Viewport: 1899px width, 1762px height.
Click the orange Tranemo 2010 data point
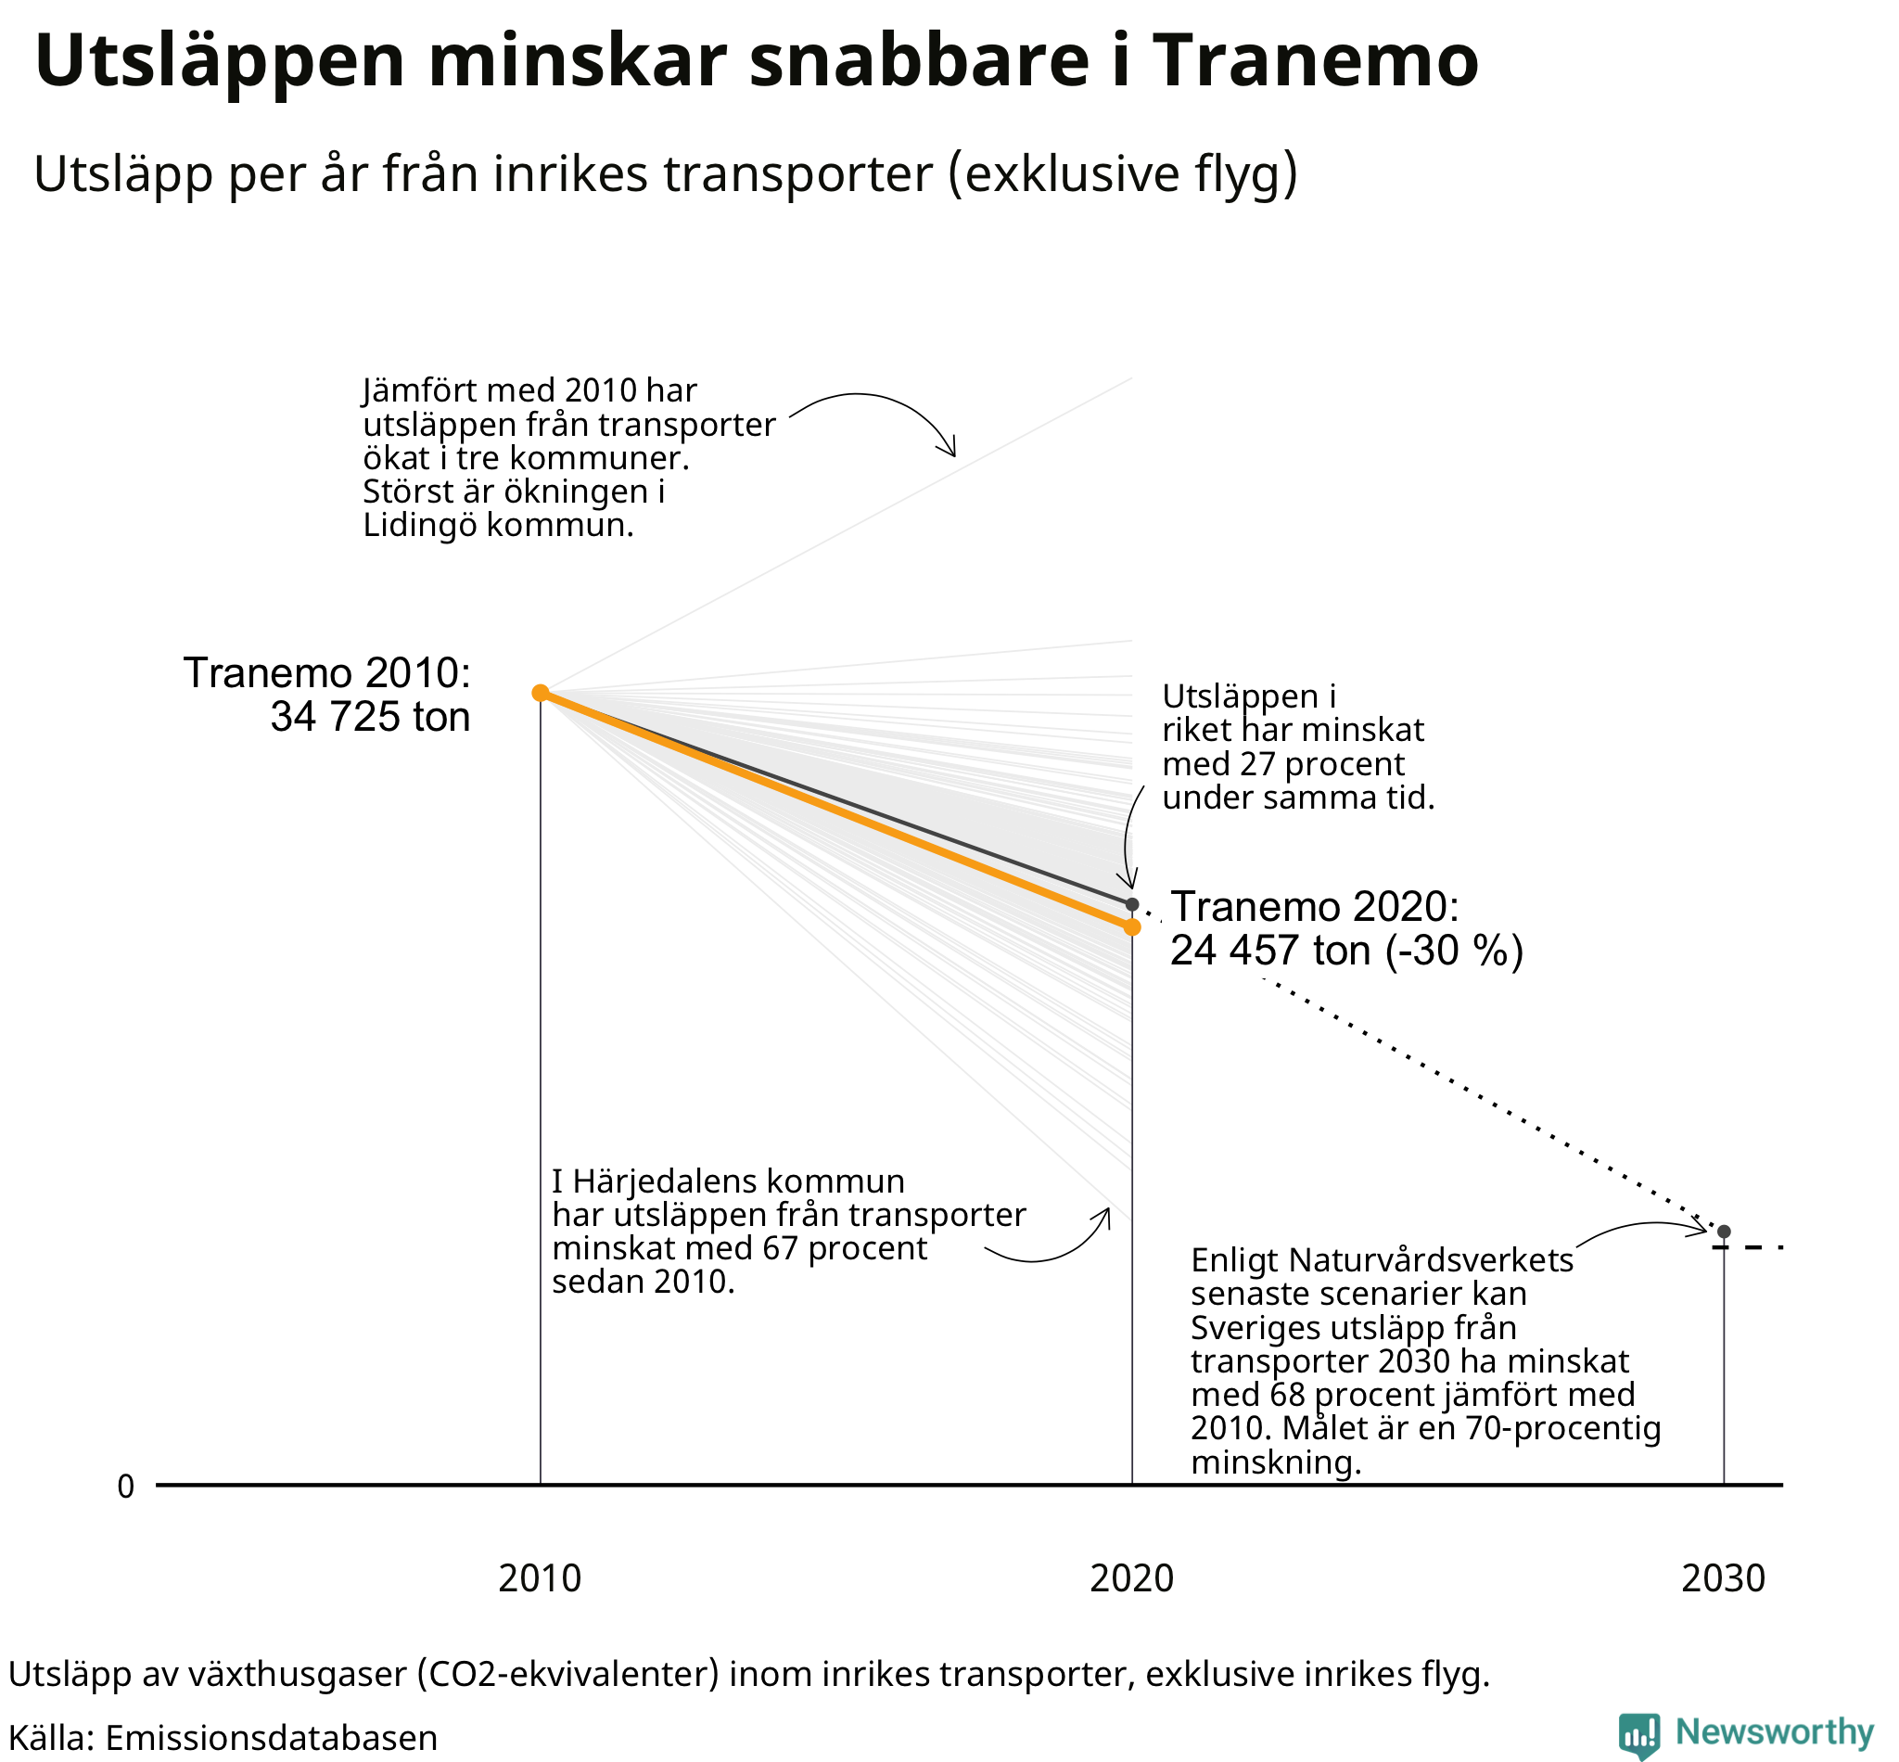point(540,692)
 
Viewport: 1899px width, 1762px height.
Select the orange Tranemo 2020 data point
point(1131,926)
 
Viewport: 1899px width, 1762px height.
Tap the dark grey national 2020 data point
point(1131,904)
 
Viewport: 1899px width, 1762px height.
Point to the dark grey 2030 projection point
point(1724,1232)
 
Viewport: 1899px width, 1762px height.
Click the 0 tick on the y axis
point(126,1487)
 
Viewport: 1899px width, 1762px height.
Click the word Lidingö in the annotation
point(419,526)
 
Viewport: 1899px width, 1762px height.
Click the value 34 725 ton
point(370,716)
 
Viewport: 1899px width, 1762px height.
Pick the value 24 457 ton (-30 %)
point(1346,951)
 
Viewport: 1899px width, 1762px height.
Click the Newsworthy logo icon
point(1638,1733)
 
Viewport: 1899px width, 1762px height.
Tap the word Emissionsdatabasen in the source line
point(271,1738)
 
